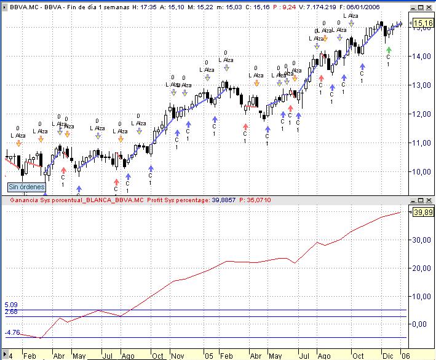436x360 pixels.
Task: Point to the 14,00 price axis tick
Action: pos(422,56)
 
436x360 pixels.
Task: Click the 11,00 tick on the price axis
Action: pos(422,143)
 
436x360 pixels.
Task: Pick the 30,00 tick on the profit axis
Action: pos(422,240)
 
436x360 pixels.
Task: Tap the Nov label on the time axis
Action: pos(178,355)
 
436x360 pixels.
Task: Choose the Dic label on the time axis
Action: pos(386,355)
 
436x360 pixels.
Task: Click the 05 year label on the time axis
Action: pos(209,355)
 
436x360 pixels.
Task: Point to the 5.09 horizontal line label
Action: pos(11,305)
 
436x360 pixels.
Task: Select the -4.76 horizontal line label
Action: pos(12,333)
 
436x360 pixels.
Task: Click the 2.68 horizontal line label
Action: pos(11,312)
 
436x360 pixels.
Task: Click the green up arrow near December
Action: pos(388,49)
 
